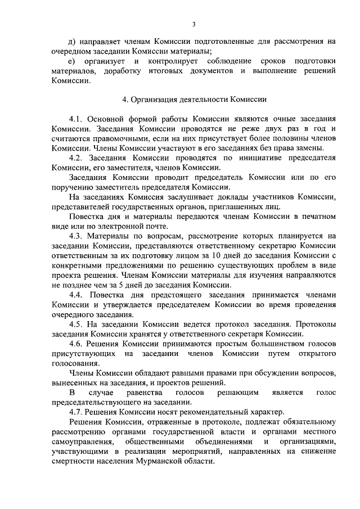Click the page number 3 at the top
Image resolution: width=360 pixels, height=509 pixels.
tap(193, 24)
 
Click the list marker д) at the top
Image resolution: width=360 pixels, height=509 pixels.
tap(72, 41)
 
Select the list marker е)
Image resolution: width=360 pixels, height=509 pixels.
tap(72, 61)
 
